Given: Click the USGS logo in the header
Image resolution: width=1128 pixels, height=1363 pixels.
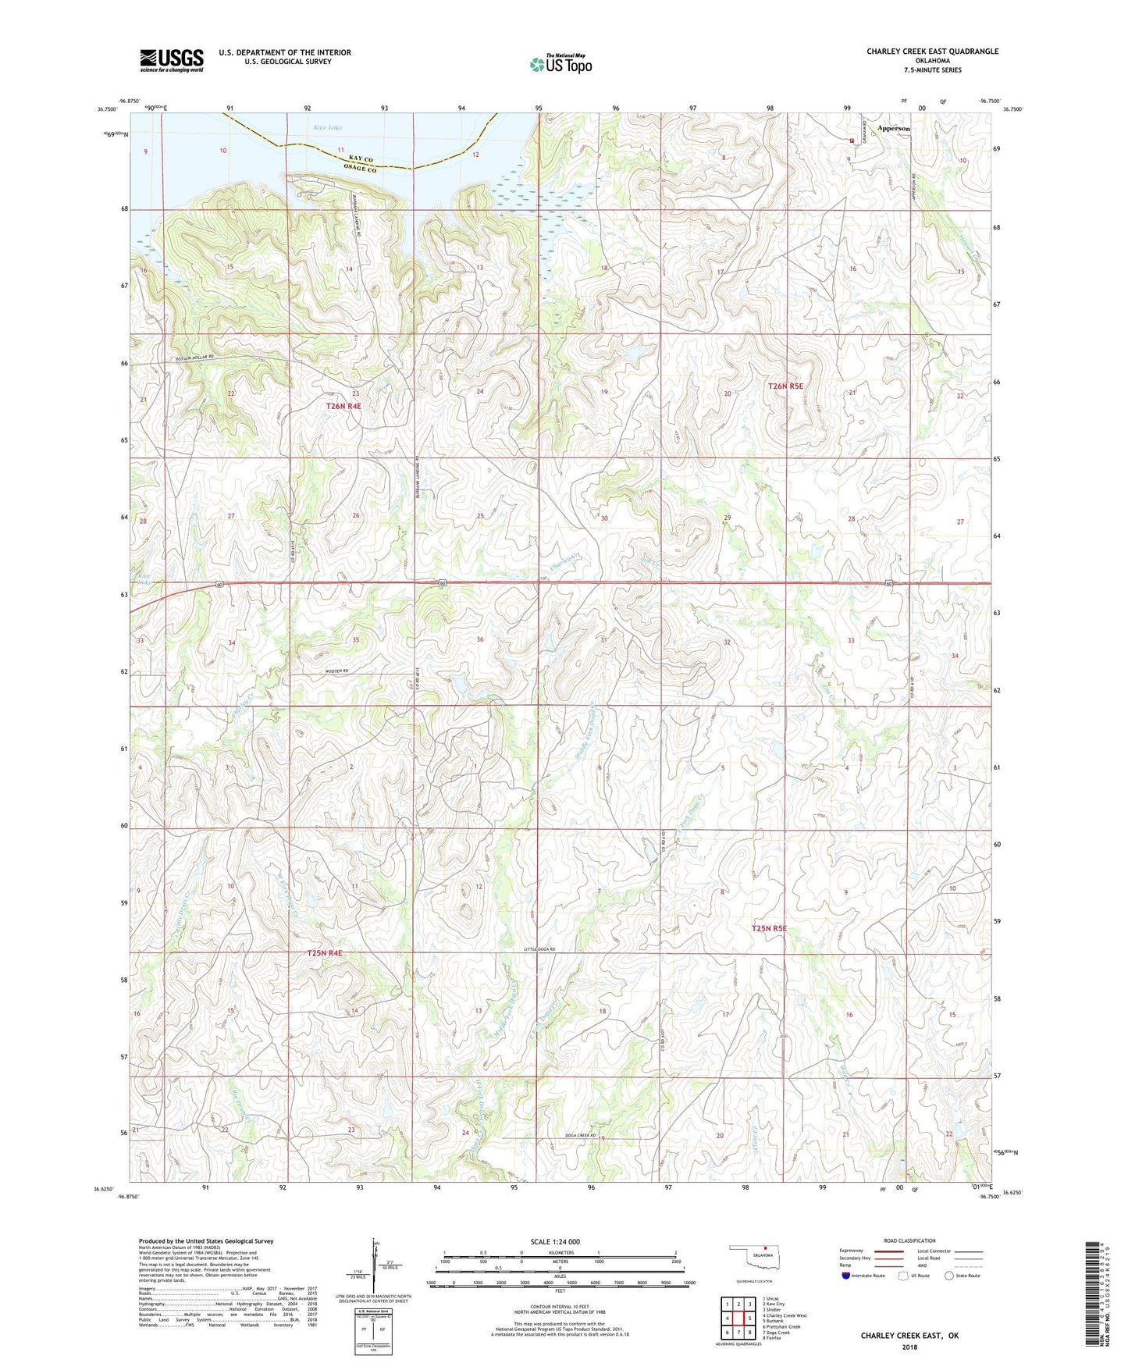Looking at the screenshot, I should point(172,59).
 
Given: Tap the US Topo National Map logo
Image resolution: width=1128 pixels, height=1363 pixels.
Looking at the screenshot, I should point(560,63).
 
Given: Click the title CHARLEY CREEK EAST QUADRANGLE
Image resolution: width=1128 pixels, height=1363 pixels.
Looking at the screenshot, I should point(932,52).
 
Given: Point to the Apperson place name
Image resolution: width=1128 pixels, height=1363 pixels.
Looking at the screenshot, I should point(893,128).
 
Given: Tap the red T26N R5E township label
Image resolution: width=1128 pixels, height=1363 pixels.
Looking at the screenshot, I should point(785,386).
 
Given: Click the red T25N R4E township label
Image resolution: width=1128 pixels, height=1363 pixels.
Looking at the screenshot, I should point(324,953).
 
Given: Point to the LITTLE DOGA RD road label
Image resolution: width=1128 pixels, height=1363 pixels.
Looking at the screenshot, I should point(544,949).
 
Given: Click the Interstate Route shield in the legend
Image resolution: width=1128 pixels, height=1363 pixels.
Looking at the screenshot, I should point(847,1276).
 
